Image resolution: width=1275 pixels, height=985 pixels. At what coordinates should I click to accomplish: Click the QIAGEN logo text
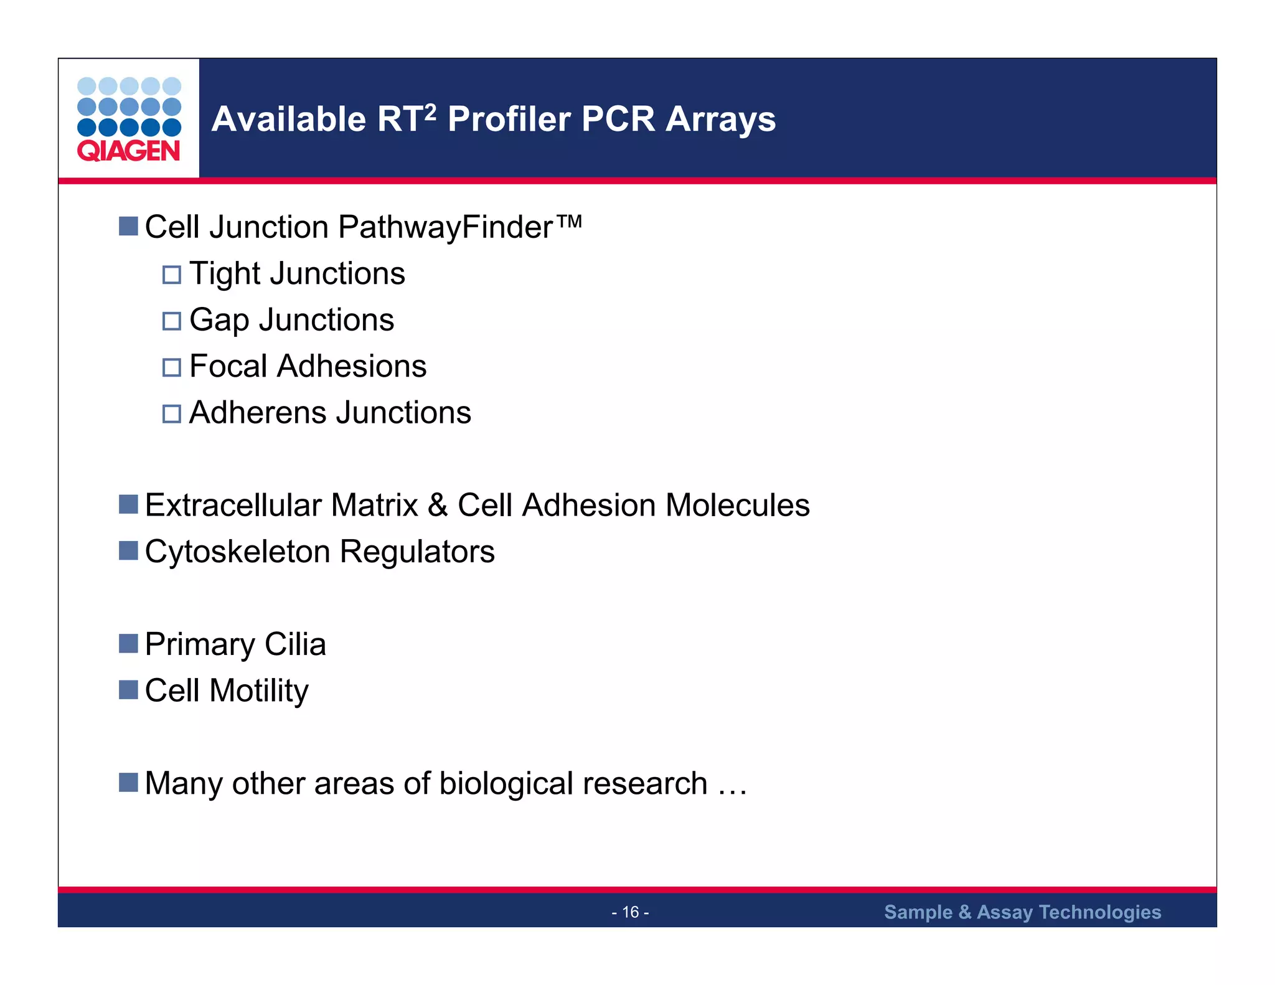tap(128, 151)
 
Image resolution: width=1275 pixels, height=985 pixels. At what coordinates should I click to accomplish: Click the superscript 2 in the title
tap(430, 112)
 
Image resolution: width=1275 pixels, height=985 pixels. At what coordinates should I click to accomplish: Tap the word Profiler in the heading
tap(508, 119)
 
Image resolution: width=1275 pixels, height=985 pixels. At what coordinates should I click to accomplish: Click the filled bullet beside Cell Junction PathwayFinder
tap(128, 226)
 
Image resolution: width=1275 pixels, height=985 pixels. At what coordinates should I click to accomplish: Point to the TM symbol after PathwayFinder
tap(569, 221)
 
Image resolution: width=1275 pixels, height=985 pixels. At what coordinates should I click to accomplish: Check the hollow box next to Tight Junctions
tap(172, 275)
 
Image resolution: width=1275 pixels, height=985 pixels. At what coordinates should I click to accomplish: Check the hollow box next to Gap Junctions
tap(172, 321)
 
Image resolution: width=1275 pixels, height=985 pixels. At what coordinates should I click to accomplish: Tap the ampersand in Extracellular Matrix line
tap(438, 505)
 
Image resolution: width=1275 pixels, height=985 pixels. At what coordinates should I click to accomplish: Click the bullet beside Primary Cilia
tap(128, 643)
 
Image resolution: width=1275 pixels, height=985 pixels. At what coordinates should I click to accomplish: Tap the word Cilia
tap(295, 644)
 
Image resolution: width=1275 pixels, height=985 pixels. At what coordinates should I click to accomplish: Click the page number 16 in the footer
tap(630, 912)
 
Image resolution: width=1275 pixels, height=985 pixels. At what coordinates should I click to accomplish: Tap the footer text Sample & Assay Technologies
tap(1022, 912)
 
